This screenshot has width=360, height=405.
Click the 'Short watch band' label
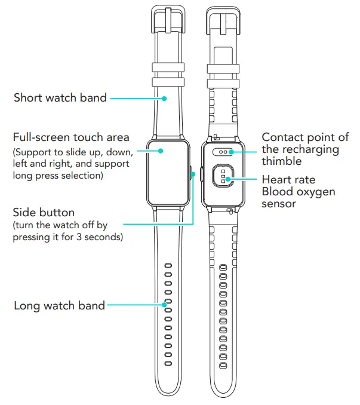click(60, 97)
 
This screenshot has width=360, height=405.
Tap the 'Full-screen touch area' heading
click(72, 138)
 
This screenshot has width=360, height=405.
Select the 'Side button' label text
click(44, 213)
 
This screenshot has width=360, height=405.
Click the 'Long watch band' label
click(59, 306)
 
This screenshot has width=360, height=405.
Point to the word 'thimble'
click(282, 161)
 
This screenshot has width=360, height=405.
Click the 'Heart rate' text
click(288, 179)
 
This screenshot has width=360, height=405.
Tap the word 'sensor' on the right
click(279, 204)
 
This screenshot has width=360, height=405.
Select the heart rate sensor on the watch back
click(221, 177)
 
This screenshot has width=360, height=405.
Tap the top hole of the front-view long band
click(168, 265)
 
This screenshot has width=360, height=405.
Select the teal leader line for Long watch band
click(136, 305)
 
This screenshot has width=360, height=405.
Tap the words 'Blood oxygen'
click(299, 191)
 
